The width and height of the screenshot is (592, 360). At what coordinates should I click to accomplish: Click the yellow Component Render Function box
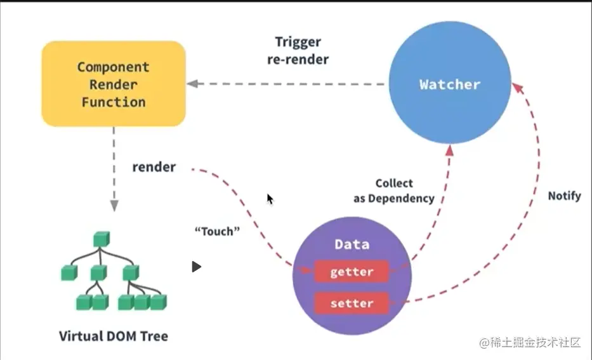click(x=114, y=84)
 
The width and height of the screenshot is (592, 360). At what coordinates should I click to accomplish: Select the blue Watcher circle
click(x=450, y=83)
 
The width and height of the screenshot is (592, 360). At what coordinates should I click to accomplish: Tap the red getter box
click(x=352, y=271)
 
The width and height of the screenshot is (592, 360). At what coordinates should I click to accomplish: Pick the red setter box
click(x=352, y=303)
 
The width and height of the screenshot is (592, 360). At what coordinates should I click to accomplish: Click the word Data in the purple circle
click(x=352, y=244)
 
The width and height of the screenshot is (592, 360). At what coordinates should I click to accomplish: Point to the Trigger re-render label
click(x=298, y=51)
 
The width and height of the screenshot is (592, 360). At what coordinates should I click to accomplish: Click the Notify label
click(x=564, y=196)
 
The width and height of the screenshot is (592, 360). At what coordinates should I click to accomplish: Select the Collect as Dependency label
click(x=394, y=190)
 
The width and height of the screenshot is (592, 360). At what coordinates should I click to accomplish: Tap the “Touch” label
click(x=217, y=231)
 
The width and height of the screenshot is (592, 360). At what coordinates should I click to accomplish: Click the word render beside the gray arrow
click(x=154, y=167)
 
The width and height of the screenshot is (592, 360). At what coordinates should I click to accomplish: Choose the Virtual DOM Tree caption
click(x=114, y=336)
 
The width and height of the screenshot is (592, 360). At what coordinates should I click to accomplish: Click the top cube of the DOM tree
click(x=102, y=239)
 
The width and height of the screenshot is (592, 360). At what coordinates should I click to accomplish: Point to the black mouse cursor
click(x=270, y=199)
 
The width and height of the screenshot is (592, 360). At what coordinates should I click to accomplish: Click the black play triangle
click(x=196, y=267)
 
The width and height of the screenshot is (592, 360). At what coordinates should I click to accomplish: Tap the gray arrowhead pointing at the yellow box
click(x=192, y=84)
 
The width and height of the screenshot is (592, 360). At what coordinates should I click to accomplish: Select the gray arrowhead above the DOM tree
click(x=114, y=206)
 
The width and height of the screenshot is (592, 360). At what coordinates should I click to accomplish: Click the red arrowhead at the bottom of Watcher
click(x=450, y=150)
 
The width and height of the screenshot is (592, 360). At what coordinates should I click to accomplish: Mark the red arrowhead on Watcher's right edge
click(x=518, y=88)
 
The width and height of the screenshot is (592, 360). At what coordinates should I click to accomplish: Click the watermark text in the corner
click(x=530, y=342)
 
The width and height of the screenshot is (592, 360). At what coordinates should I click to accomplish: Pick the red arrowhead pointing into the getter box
click(x=305, y=270)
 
